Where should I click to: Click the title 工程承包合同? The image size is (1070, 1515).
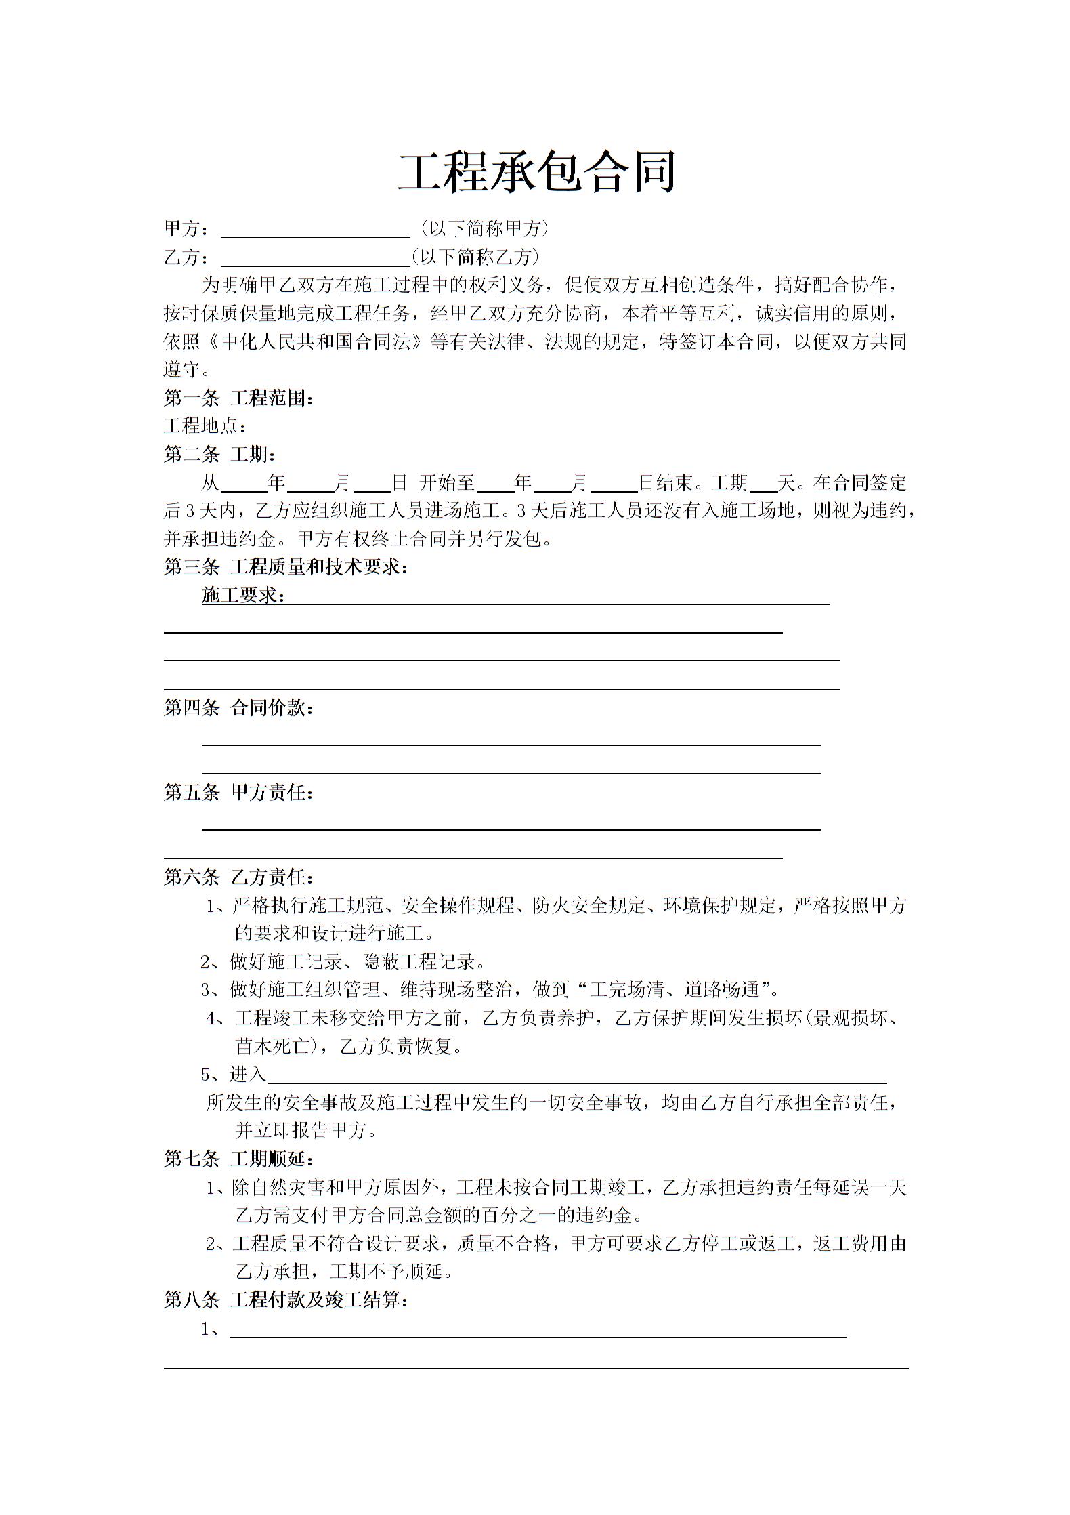(536, 171)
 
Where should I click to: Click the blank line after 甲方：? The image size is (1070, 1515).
(316, 230)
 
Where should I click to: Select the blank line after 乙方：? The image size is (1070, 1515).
(316, 258)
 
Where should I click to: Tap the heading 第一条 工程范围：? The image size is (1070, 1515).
(238, 398)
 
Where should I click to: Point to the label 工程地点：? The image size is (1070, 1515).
(205, 426)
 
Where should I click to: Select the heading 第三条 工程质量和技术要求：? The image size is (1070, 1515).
(286, 567)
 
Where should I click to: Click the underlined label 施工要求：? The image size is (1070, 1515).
(243, 596)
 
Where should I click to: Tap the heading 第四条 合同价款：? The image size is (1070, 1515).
(238, 709)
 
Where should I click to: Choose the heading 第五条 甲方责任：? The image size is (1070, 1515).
(238, 793)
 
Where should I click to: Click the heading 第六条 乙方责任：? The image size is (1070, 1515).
(238, 877)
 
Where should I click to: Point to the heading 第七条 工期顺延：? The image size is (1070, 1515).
(238, 1159)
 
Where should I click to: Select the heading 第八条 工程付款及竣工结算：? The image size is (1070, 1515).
(286, 1300)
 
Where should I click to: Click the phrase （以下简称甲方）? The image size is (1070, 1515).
(484, 229)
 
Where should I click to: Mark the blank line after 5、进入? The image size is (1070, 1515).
(577, 1075)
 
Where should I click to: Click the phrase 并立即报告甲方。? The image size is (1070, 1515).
(306, 1131)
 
